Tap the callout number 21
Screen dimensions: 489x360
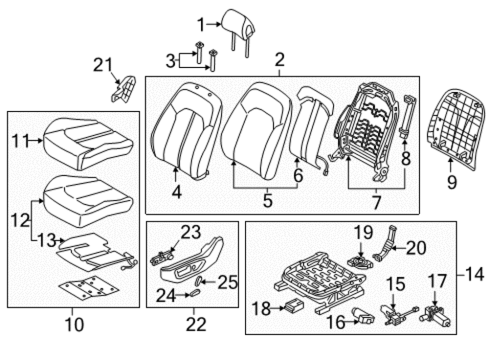(x=103, y=65)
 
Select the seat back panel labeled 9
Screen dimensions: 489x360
(x=456, y=129)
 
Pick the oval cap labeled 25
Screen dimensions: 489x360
(x=198, y=281)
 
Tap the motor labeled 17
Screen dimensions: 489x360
(x=435, y=316)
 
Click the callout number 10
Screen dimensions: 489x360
(x=74, y=324)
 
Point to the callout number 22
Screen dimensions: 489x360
(x=196, y=324)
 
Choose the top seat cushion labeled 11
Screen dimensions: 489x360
(x=88, y=144)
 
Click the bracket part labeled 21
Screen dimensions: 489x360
(x=123, y=89)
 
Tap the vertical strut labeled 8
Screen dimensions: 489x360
(x=407, y=116)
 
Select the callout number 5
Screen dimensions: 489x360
(x=267, y=200)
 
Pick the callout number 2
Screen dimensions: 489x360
(x=280, y=60)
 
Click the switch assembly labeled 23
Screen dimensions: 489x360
(x=162, y=258)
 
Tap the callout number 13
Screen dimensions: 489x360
(x=47, y=240)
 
